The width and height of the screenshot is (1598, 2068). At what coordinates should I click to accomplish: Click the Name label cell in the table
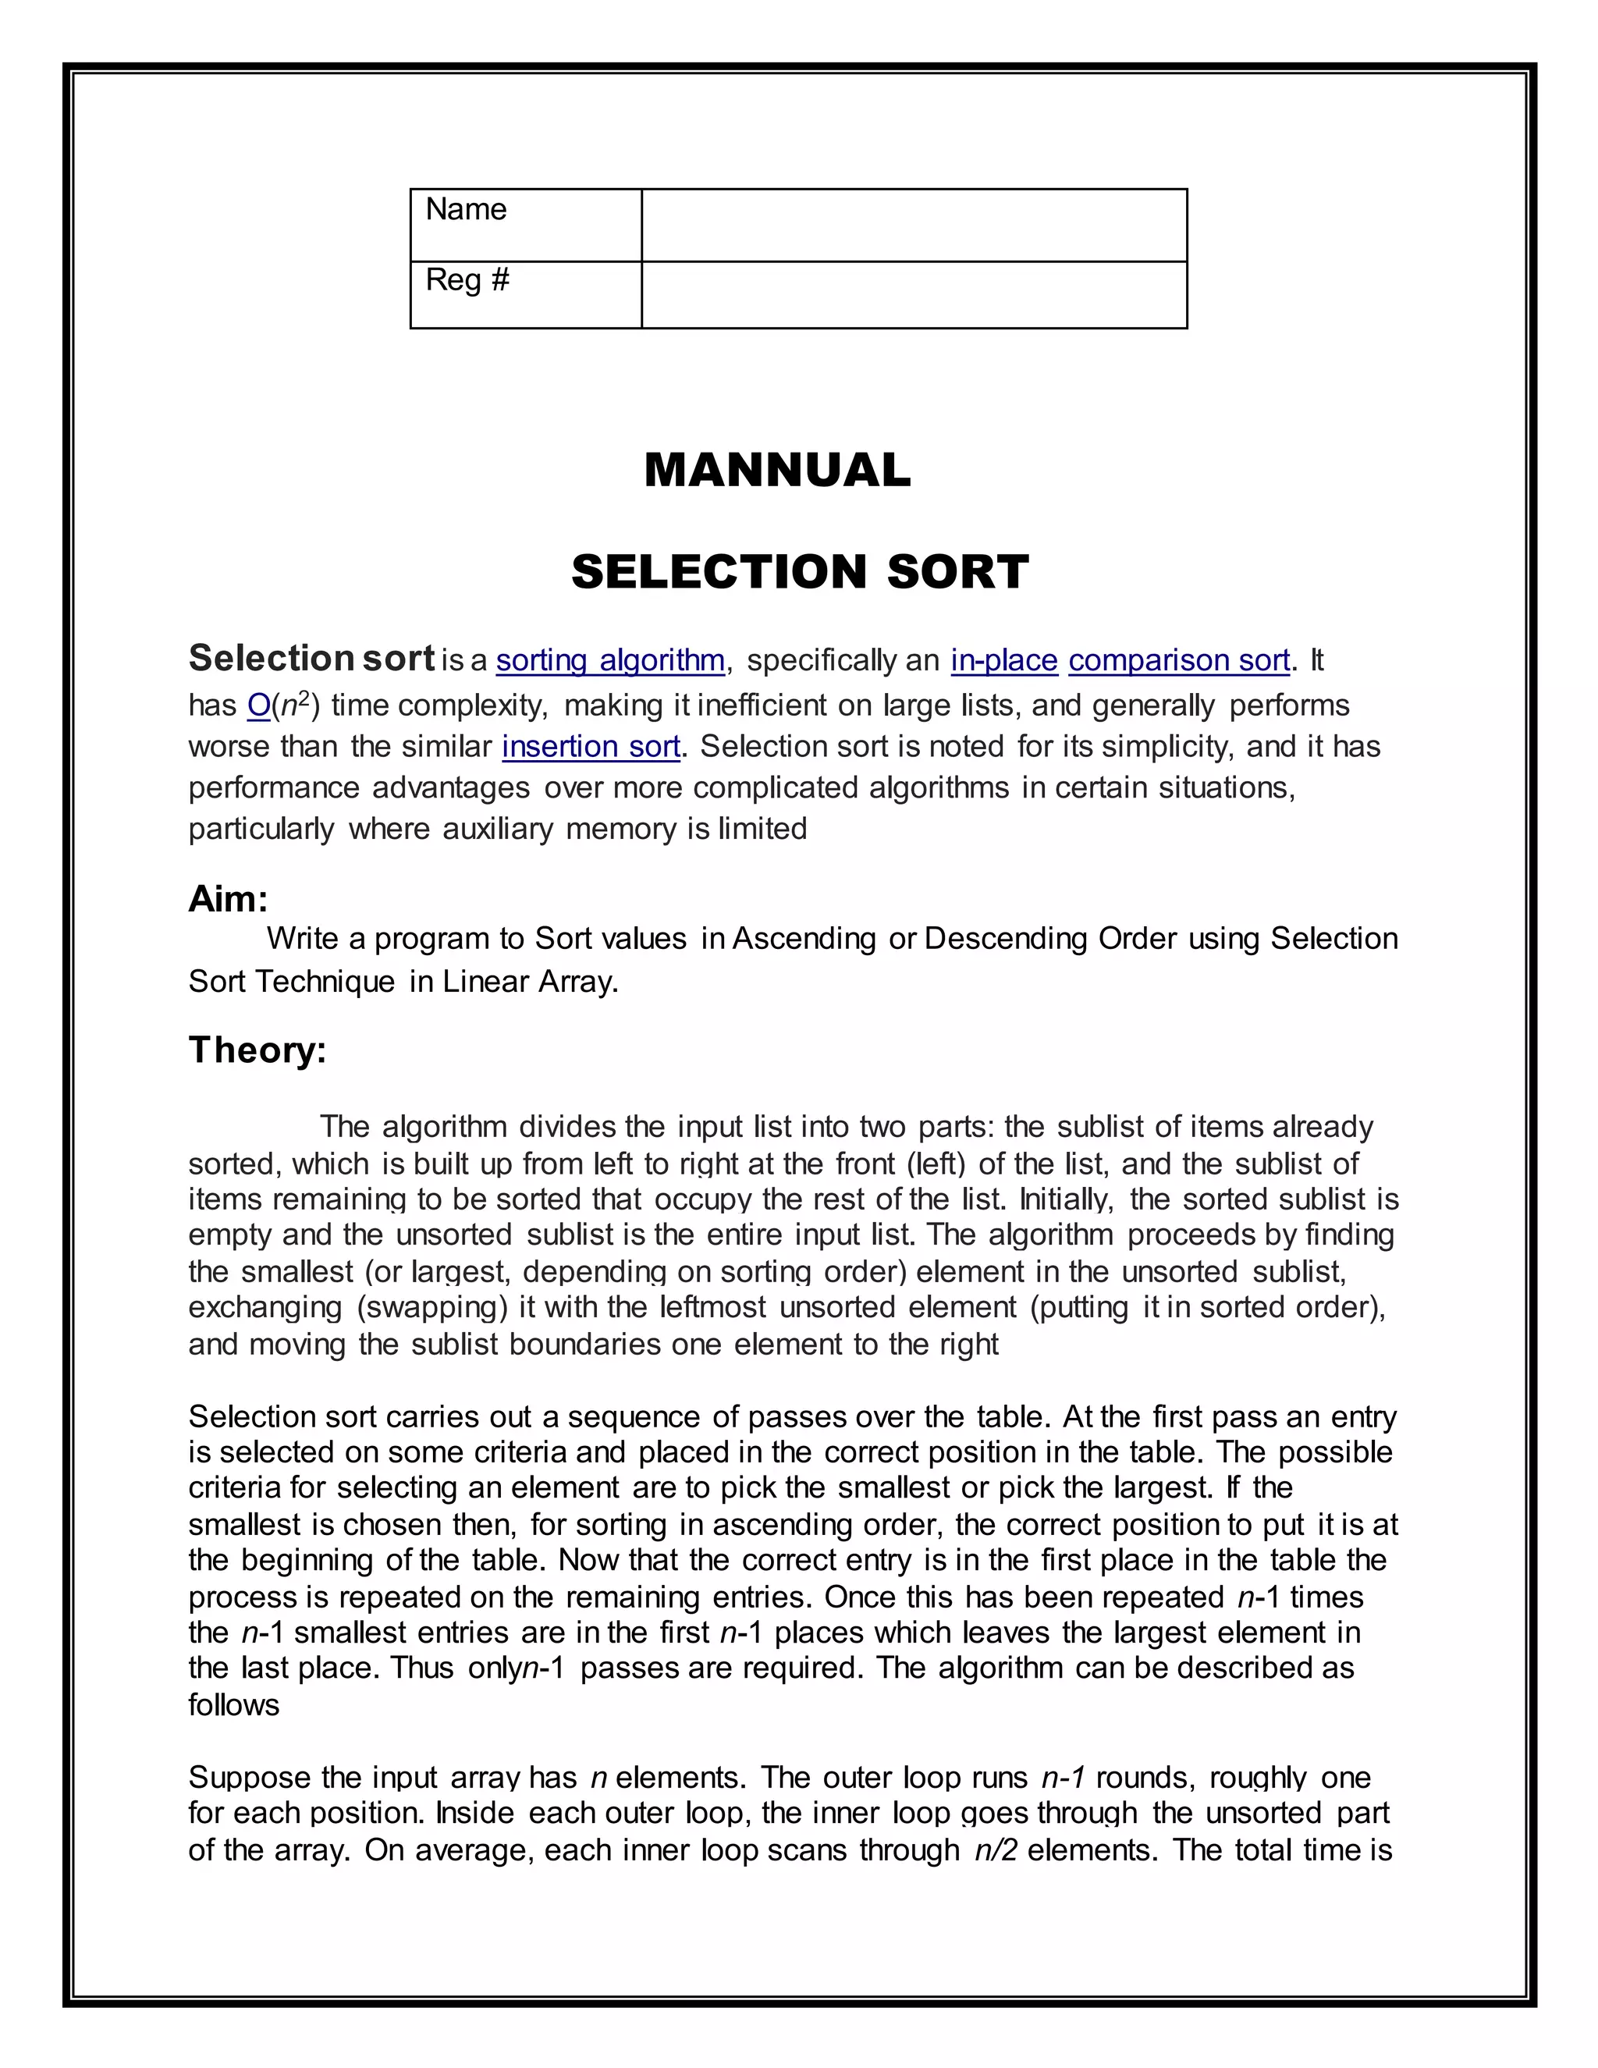click(525, 225)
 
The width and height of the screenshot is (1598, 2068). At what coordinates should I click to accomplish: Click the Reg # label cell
click(525, 294)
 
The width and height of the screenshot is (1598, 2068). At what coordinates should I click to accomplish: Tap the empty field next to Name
click(914, 225)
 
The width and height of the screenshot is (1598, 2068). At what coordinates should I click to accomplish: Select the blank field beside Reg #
click(914, 294)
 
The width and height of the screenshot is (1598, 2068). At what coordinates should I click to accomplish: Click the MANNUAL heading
click(777, 471)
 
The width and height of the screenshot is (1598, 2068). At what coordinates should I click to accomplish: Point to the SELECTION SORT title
click(800, 572)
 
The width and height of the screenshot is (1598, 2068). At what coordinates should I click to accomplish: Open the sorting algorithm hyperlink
click(609, 660)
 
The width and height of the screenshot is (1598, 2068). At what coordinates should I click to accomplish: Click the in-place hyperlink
click(1003, 660)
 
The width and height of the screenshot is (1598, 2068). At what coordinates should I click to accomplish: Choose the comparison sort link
click(1179, 660)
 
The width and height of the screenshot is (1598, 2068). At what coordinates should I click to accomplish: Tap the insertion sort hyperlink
click(591, 747)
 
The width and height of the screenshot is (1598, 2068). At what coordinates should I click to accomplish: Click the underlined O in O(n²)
click(258, 705)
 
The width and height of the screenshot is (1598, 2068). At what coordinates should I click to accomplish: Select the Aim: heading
click(228, 898)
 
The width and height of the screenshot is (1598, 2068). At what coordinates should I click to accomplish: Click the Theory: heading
click(257, 1050)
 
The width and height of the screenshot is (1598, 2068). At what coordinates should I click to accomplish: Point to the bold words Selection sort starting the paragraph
click(311, 658)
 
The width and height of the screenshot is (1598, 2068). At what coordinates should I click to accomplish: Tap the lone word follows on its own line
click(234, 1704)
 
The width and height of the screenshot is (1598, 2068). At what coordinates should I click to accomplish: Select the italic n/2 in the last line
click(996, 1850)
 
